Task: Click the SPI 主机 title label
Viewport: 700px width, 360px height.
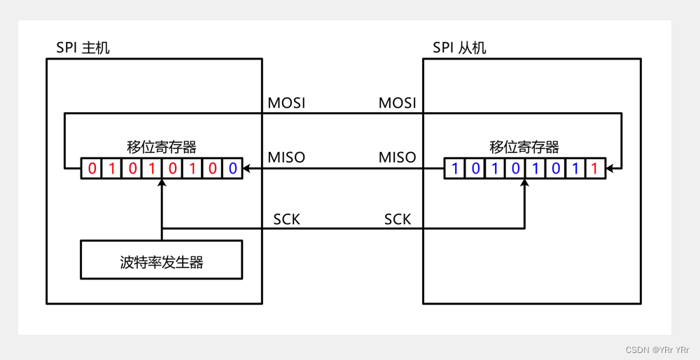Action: coord(83,48)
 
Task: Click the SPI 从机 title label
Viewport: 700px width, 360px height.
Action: coord(459,48)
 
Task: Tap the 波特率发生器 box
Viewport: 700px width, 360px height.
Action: coord(162,262)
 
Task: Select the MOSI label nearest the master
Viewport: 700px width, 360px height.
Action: coord(286,104)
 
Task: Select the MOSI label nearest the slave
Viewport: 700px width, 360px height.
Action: coord(397,104)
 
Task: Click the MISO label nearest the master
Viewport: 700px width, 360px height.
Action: coord(286,158)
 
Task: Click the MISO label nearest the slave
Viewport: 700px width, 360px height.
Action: coord(397,158)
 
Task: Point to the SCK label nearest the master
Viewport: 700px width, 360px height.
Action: coord(286,219)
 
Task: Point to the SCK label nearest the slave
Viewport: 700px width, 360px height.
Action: coord(397,219)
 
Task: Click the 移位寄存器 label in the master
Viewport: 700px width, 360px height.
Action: coord(162,147)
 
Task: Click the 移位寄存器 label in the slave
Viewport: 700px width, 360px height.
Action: coord(524,147)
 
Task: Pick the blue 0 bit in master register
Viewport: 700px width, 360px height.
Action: coord(232,169)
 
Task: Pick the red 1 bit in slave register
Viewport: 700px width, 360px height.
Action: coord(595,169)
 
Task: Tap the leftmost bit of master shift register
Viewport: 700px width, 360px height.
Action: coord(92,169)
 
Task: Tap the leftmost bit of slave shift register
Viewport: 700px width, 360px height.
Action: coord(454,169)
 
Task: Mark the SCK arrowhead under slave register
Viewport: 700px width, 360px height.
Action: coord(524,184)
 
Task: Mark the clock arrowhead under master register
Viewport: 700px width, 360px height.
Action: coord(162,184)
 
